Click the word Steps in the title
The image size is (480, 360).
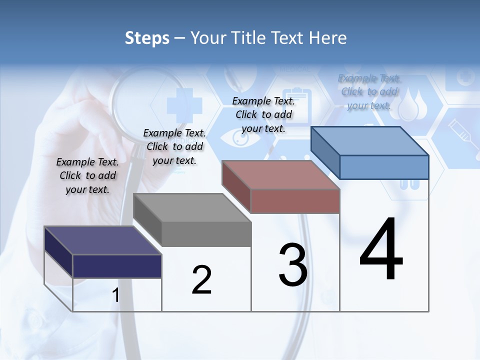click(147, 38)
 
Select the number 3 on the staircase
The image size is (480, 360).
click(293, 265)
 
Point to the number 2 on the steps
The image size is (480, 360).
click(202, 280)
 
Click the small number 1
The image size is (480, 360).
click(116, 295)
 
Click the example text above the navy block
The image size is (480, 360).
click(87, 175)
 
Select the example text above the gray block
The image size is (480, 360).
click(174, 146)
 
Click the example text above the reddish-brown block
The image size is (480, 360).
click(263, 114)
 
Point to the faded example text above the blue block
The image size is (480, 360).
click(369, 92)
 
